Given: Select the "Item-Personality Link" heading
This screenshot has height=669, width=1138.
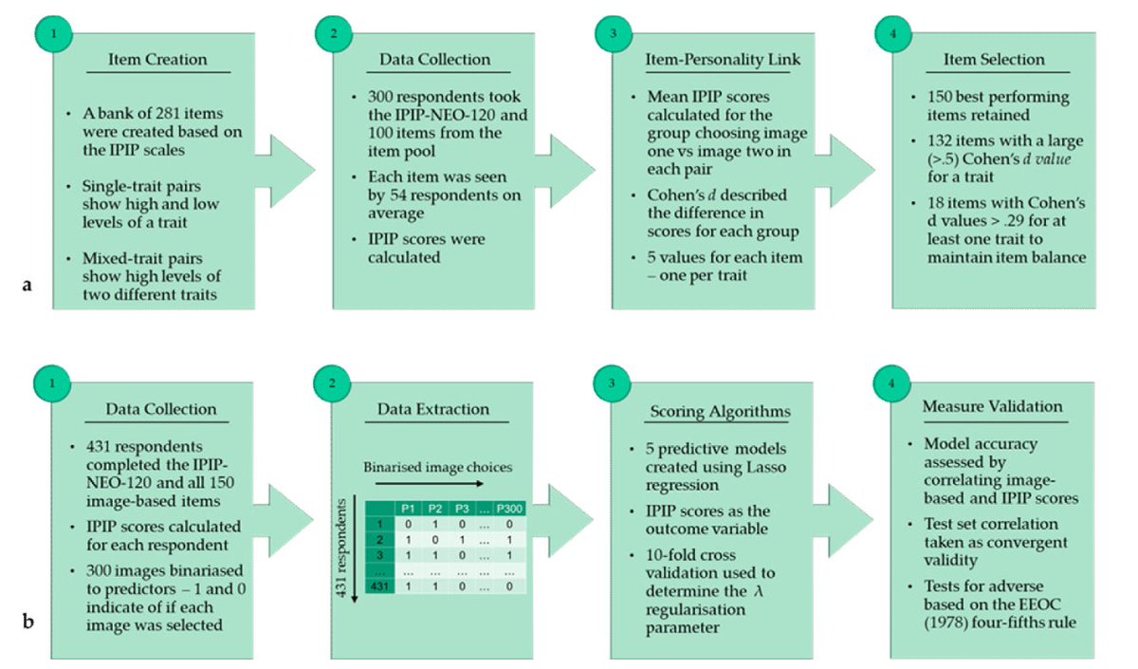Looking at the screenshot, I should [719, 60].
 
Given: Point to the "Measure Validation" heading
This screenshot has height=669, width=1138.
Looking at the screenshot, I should [992, 406].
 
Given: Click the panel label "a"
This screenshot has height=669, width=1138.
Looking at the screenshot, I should [27, 282].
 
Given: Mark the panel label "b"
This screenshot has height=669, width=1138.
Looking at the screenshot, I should [27, 623].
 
